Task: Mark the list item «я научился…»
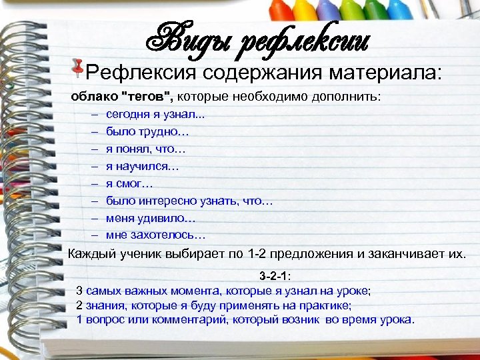pos(142,166)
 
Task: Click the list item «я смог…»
pos(129,183)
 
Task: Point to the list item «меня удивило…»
pos(151,218)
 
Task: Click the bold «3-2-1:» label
pos(275,276)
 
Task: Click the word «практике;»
pos(327,305)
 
